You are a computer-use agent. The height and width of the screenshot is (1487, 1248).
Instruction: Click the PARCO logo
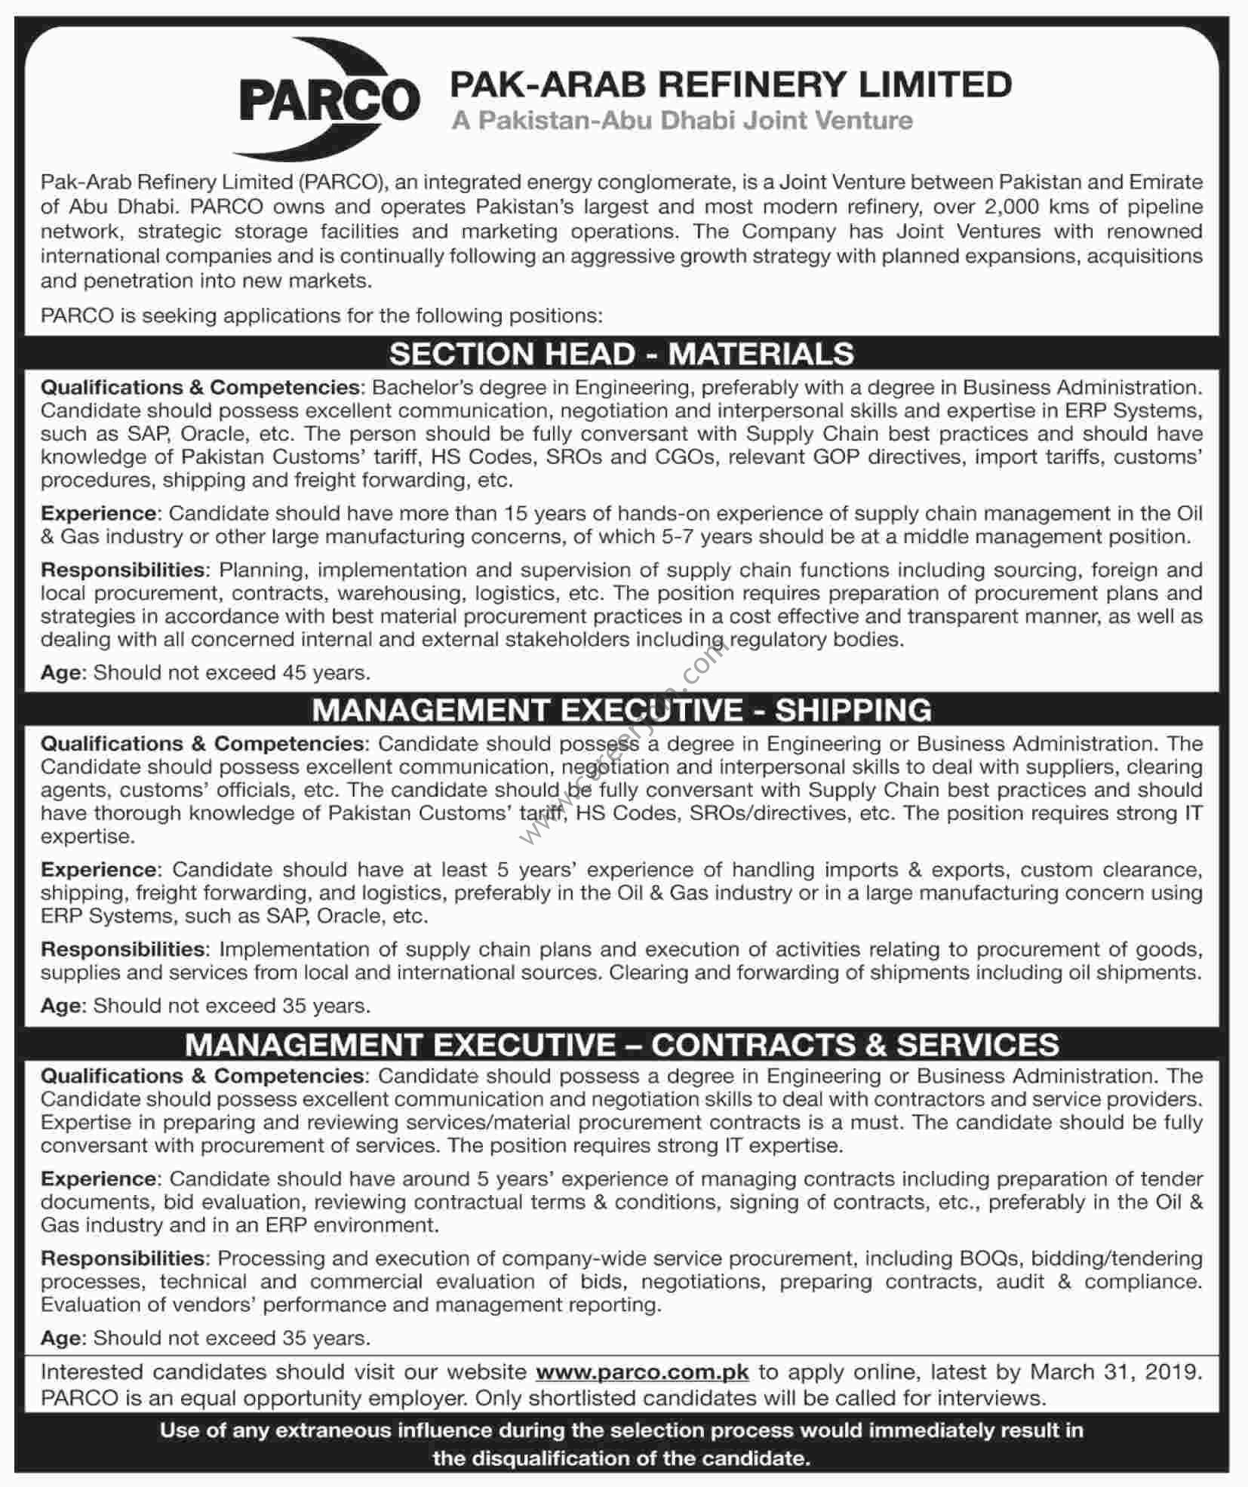(x=330, y=100)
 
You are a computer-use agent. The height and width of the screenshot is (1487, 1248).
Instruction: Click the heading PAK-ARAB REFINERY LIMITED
(x=730, y=84)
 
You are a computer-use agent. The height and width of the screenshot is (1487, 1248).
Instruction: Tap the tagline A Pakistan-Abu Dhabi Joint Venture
(x=682, y=121)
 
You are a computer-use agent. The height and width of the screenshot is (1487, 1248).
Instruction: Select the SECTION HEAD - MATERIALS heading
(x=622, y=354)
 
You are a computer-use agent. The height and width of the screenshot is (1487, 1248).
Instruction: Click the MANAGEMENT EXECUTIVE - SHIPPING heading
(x=622, y=710)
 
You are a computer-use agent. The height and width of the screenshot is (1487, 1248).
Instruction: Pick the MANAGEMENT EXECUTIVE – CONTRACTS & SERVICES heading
(x=622, y=1044)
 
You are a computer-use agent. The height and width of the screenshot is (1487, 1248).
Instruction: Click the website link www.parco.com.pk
(x=642, y=1372)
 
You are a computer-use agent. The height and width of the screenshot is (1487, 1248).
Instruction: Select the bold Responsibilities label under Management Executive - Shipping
(x=123, y=949)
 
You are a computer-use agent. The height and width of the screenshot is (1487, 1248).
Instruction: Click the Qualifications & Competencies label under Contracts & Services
(x=202, y=1076)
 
